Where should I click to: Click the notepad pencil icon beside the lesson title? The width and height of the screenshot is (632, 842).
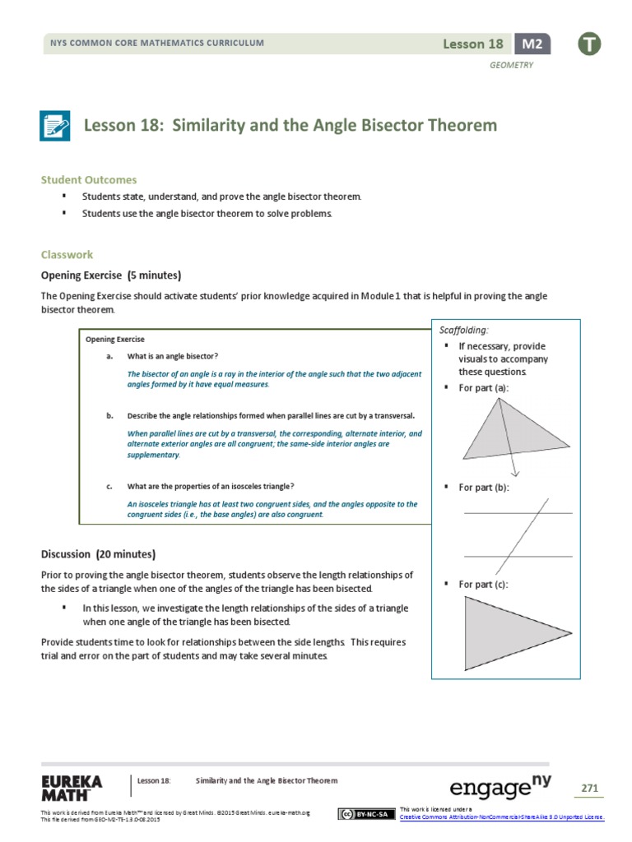[x=56, y=126]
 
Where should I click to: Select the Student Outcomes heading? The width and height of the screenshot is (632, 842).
[x=89, y=179]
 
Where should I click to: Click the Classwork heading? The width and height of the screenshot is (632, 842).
[x=67, y=255]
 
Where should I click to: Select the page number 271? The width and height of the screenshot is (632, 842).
[x=589, y=788]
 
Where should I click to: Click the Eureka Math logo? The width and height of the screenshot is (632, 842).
[x=72, y=787]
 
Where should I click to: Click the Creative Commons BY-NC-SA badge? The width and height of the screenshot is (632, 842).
[x=364, y=814]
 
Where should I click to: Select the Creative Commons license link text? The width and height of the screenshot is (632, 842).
[x=501, y=817]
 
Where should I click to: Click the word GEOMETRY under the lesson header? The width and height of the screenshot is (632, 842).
[x=512, y=65]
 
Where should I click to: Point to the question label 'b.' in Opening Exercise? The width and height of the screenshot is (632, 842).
[x=109, y=415]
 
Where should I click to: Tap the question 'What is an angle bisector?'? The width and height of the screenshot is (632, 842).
[x=173, y=356]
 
